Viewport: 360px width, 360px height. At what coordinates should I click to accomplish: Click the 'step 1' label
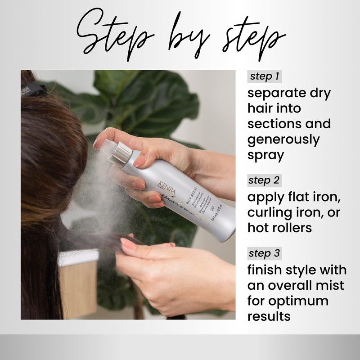265,76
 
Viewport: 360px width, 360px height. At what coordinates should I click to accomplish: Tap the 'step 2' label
265,181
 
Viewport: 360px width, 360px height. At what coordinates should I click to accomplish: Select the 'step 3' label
265,253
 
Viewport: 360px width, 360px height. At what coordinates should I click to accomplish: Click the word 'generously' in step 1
284,139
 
